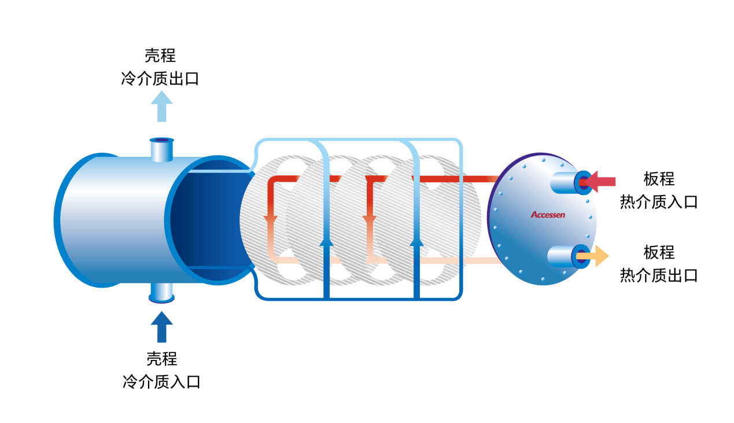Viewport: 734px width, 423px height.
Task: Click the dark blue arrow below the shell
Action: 162,327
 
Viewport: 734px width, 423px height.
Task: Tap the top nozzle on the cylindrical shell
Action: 161,149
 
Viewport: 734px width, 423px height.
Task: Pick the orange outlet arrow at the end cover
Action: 596,256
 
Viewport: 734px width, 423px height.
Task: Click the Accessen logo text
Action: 548,215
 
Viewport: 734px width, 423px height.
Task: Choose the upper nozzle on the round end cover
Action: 570,182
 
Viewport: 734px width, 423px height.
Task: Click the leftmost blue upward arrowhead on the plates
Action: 326,241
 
